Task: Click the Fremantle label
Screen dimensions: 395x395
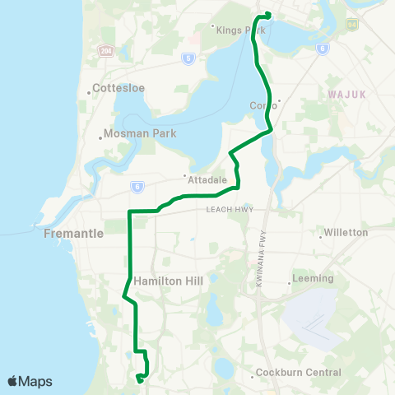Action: [73, 234]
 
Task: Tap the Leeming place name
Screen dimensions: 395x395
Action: [313, 279]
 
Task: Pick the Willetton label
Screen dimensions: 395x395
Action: [346, 233]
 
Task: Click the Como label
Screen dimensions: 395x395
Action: [261, 105]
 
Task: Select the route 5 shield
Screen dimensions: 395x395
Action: [188, 58]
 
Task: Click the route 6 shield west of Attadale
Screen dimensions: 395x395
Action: [135, 187]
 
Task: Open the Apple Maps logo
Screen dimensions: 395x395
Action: [30, 381]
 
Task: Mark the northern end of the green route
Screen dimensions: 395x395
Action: [267, 14]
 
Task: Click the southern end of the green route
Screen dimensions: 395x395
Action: [139, 379]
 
